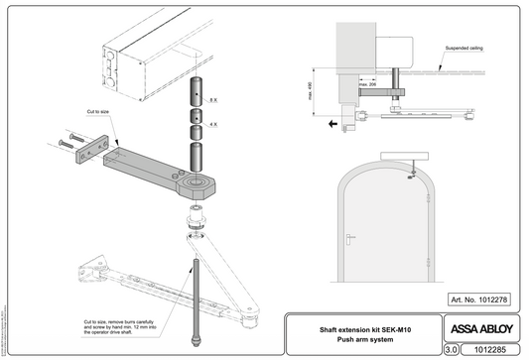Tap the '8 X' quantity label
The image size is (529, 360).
[x=212, y=101]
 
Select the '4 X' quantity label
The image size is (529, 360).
[x=212, y=125]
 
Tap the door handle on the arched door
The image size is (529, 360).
[x=352, y=237]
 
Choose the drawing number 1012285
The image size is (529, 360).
[x=492, y=349]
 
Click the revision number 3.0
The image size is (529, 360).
[x=451, y=349]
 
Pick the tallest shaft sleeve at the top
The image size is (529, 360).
[x=197, y=88]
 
